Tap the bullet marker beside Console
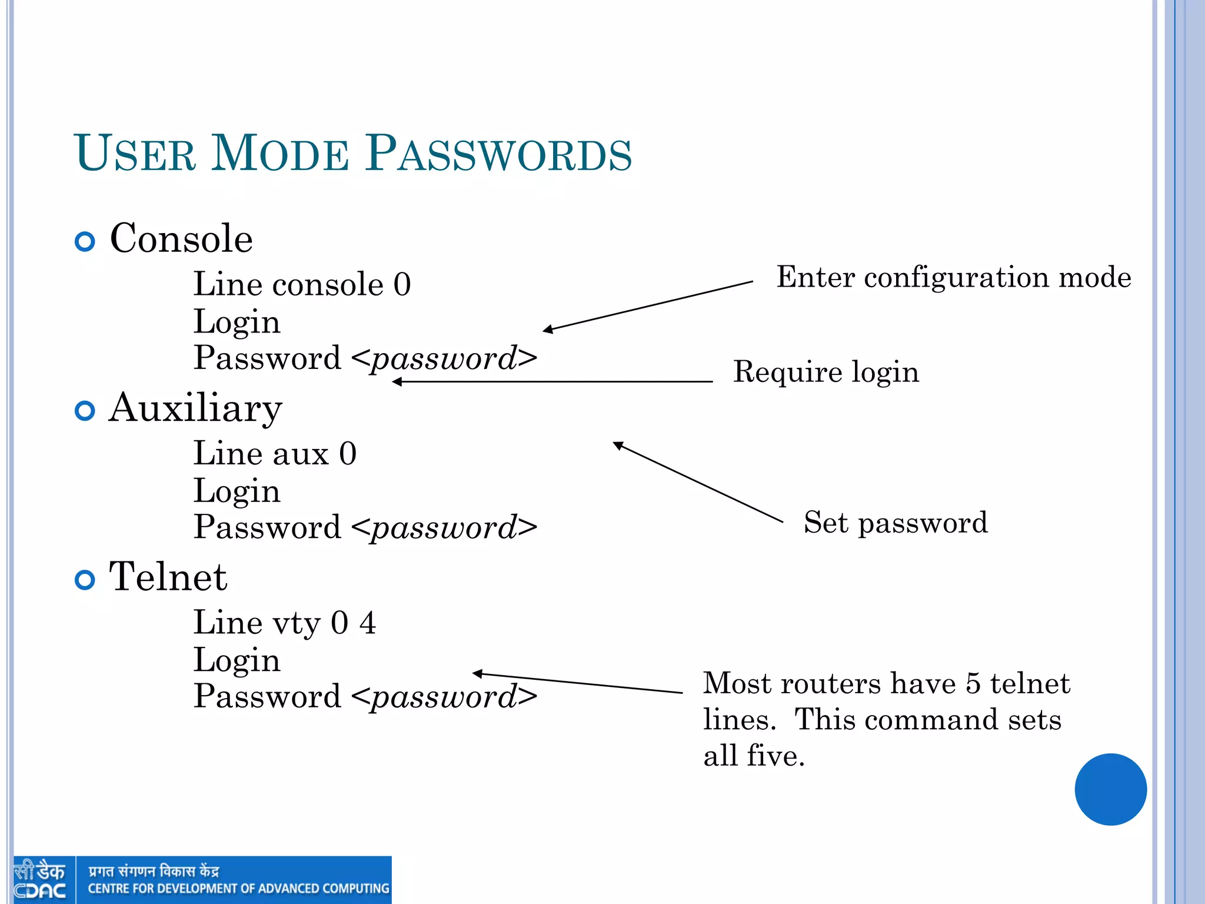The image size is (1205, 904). click(85, 241)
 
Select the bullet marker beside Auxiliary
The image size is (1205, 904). click(85, 410)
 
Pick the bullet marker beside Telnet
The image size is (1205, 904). click(85, 580)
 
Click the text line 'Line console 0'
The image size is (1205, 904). click(302, 285)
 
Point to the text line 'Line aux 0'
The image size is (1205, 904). click(275, 454)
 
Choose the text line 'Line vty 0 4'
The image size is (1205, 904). click(285, 623)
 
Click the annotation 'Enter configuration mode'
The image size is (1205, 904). click(953, 277)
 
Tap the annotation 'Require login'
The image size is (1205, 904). click(825, 372)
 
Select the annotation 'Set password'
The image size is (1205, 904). click(896, 523)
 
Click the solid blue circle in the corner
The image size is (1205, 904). click(1110, 789)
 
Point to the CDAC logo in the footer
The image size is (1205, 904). click(40, 880)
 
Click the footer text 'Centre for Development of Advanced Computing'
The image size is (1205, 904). click(238, 889)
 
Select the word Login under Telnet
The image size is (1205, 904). click(237, 660)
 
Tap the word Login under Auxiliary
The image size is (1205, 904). click(237, 491)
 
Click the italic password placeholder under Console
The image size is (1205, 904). click(444, 358)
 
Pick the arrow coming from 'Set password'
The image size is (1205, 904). click(698, 482)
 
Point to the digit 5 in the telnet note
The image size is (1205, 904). click(973, 684)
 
